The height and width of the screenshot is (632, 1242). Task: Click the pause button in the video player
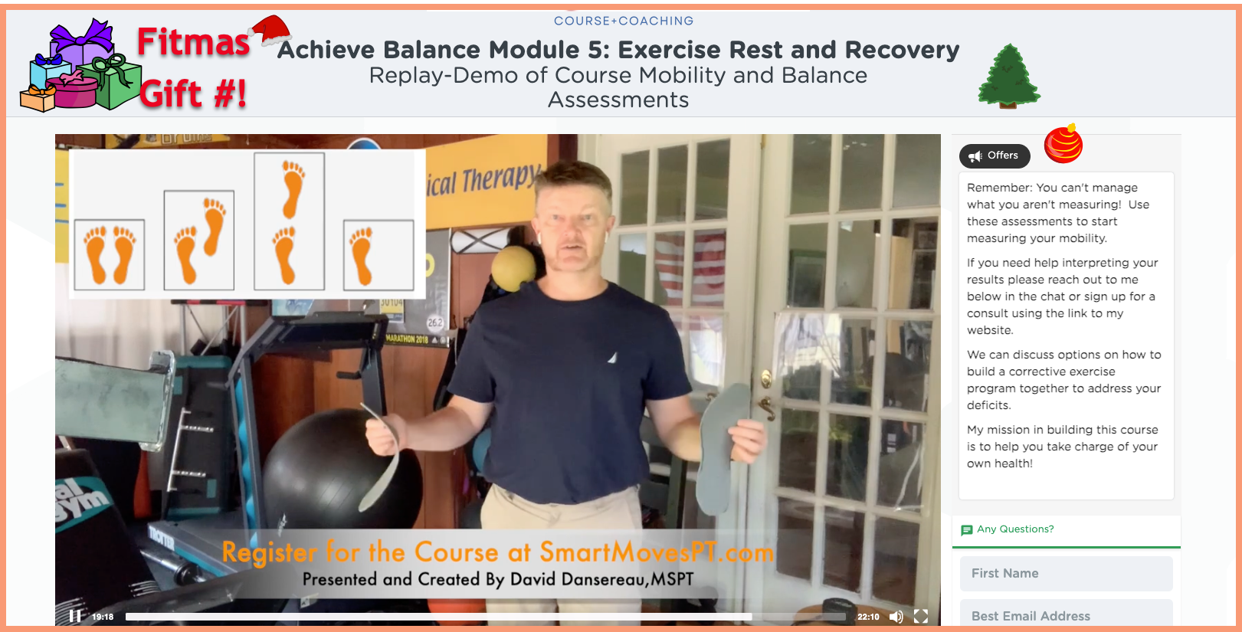pyautogui.click(x=75, y=616)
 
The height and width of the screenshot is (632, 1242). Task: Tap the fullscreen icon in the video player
pyautogui.click(x=920, y=616)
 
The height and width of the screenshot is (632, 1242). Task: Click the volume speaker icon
pyautogui.click(x=896, y=617)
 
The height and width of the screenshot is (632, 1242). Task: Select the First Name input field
pyautogui.click(x=1066, y=573)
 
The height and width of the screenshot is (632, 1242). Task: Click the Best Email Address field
pyautogui.click(x=1066, y=614)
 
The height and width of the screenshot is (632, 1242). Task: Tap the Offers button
pyautogui.click(x=995, y=156)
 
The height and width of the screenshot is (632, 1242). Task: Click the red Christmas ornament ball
pyautogui.click(x=1063, y=143)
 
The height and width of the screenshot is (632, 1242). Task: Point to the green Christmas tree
pyautogui.click(x=1009, y=76)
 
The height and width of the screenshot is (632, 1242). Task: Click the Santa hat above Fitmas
pyautogui.click(x=270, y=31)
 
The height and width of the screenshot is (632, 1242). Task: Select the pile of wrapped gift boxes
pyautogui.click(x=80, y=65)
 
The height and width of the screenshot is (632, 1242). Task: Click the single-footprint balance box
pyautogui.click(x=378, y=255)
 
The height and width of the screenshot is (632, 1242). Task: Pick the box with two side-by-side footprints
pyautogui.click(x=110, y=254)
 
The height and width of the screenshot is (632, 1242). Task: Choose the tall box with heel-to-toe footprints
pyautogui.click(x=289, y=221)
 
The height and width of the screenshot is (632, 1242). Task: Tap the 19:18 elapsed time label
pyautogui.click(x=103, y=617)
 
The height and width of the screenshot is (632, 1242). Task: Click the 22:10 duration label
pyautogui.click(x=868, y=617)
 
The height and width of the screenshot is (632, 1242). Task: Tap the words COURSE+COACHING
pyautogui.click(x=623, y=21)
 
